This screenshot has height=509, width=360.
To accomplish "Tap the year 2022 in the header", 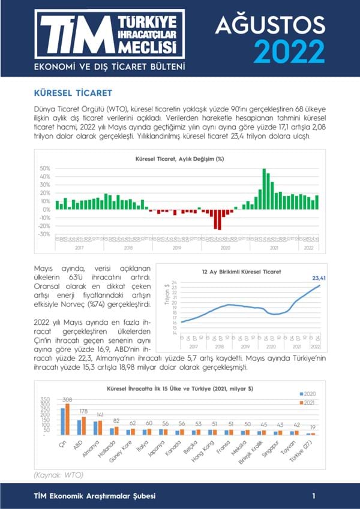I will [289, 52].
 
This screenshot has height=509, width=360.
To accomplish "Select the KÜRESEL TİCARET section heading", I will [73, 94].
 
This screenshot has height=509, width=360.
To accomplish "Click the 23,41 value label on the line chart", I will [322, 278].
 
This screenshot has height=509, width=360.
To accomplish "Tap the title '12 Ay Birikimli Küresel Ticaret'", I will [241, 272].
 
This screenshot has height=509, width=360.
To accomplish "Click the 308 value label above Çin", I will [68, 399].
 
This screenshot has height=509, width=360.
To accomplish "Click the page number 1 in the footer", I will [314, 496].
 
